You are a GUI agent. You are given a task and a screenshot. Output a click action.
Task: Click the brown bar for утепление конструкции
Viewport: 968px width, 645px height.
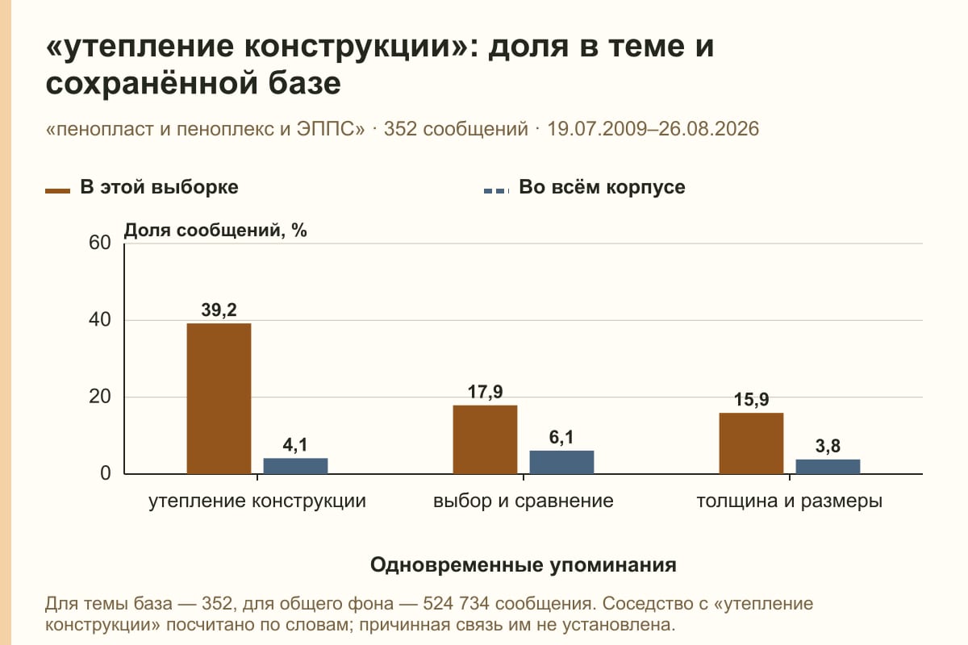pyautogui.click(x=219, y=398)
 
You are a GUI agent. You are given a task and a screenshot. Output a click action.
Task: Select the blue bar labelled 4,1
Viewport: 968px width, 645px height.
pyautogui.click(x=295, y=466)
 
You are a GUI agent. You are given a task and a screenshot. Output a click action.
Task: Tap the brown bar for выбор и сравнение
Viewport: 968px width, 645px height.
pyautogui.click(x=485, y=439)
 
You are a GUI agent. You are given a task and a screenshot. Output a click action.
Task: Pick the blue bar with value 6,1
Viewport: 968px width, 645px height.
pyautogui.click(x=561, y=462)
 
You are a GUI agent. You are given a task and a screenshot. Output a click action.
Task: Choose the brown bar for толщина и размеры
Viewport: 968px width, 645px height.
pyautogui.click(x=751, y=443)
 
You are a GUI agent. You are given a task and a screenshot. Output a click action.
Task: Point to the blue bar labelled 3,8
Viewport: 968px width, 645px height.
pyautogui.click(x=828, y=467)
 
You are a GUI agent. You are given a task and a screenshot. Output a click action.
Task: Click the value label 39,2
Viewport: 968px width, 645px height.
pyautogui.click(x=219, y=310)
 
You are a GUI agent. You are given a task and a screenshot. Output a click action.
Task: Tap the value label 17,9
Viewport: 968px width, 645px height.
pyautogui.click(x=485, y=392)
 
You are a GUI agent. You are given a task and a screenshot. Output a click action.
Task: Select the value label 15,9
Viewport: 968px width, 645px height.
pyautogui.click(x=751, y=399)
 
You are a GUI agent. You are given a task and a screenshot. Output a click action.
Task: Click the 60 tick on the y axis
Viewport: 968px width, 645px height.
pyautogui.click(x=100, y=243)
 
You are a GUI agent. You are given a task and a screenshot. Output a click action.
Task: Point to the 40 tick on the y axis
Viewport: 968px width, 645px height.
pyautogui.click(x=100, y=320)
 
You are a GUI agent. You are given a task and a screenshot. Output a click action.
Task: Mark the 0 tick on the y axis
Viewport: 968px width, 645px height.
pyautogui.click(x=106, y=473)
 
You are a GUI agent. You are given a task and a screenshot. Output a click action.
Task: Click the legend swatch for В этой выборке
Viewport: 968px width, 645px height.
pyautogui.click(x=57, y=191)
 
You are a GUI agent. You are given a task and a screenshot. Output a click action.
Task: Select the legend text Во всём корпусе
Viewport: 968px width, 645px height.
pyautogui.click(x=602, y=187)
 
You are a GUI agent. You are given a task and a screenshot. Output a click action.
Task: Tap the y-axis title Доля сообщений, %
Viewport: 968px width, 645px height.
pyautogui.click(x=215, y=231)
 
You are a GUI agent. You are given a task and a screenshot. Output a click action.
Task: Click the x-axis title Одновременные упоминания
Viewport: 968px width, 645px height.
pyautogui.click(x=524, y=564)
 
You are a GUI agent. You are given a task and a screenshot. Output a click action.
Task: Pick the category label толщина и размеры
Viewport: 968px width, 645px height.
pyautogui.click(x=790, y=501)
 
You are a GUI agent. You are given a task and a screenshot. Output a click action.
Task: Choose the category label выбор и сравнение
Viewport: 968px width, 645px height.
pyautogui.click(x=524, y=501)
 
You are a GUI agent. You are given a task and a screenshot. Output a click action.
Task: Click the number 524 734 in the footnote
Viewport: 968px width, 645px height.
pyautogui.click(x=456, y=604)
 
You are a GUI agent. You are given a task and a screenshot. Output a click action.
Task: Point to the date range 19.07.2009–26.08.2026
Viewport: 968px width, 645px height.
pyautogui.click(x=653, y=129)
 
